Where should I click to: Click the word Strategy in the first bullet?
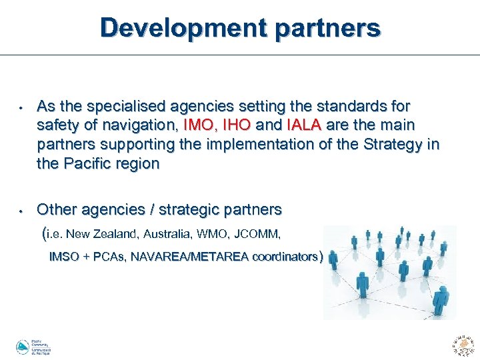[x=390, y=144]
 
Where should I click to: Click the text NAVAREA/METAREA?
[x=193, y=257]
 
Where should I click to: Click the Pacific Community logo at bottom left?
[x=33, y=347]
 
